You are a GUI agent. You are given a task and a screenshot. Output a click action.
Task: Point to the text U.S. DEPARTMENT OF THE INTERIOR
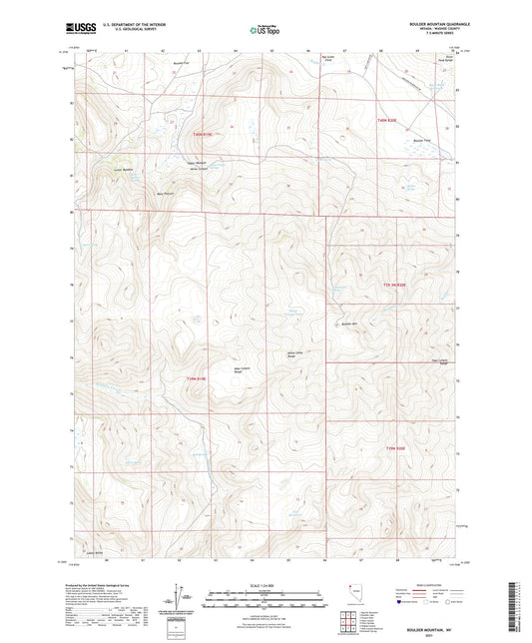point(140,24)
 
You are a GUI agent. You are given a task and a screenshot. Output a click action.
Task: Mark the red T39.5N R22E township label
point(396,286)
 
